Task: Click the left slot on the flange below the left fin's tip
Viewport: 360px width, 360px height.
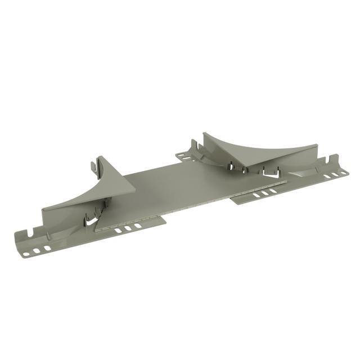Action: (x=119, y=231)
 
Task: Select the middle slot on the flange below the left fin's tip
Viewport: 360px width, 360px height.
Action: (x=129, y=228)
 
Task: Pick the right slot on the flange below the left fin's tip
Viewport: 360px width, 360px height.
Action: (x=138, y=226)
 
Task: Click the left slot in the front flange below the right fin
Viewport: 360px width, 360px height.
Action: (x=256, y=196)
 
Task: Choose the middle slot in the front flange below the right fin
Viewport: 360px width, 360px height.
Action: (x=265, y=193)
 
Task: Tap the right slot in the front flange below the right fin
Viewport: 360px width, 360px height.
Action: (x=273, y=191)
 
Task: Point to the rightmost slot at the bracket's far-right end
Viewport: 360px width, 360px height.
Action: (x=343, y=174)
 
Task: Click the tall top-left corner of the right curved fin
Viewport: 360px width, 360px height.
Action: (x=205, y=134)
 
